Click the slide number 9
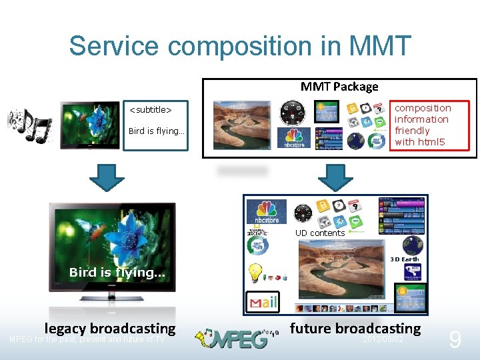[x=455, y=340]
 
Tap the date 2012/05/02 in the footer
[x=383, y=339]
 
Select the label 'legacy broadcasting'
[x=110, y=328]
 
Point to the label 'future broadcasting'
[x=355, y=328]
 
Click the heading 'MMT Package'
[x=339, y=86]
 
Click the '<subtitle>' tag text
[x=150, y=109]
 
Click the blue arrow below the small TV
[x=107, y=178]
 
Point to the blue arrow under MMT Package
[x=335, y=177]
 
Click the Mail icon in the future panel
[x=262, y=303]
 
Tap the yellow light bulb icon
[x=255, y=272]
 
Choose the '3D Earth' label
[x=404, y=259]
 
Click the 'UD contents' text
[x=320, y=233]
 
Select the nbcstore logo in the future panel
[x=265, y=211]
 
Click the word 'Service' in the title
[x=115, y=46]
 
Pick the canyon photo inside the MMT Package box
[x=241, y=125]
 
